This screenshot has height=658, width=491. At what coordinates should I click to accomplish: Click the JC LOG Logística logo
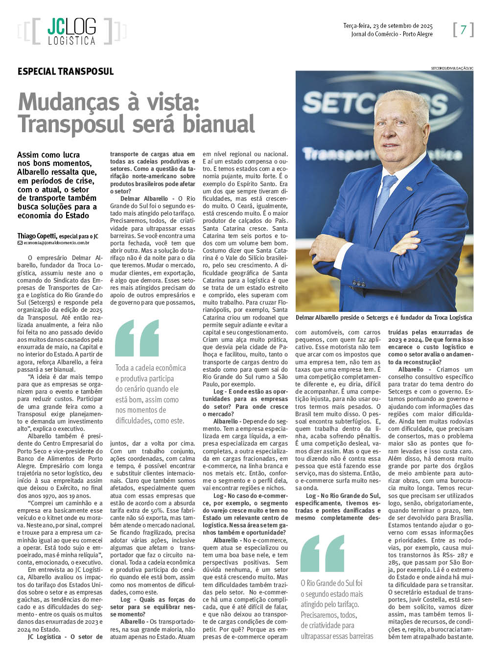click(x=71, y=31)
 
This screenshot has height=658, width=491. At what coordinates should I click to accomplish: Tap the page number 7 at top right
click(x=463, y=30)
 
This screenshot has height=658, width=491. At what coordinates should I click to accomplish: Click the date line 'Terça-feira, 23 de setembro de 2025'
click(x=388, y=25)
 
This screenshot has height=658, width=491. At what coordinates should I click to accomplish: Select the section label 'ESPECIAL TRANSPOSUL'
click(x=66, y=71)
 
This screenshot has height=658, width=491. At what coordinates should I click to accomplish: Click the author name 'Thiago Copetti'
click(x=37, y=236)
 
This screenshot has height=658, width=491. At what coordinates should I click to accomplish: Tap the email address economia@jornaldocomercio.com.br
click(x=57, y=243)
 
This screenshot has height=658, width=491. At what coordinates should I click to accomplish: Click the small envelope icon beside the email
click(x=20, y=243)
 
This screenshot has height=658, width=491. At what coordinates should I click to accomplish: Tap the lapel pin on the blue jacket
click(x=409, y=188)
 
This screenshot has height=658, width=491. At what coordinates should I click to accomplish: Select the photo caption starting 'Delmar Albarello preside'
click(x=384, y=318)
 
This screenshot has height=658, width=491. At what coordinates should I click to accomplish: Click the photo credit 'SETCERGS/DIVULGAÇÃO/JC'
click(x=452, y=68)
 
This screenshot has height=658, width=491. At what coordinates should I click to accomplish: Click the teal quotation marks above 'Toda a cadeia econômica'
click(x=137, y=338)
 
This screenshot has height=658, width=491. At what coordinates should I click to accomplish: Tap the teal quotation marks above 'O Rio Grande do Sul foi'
click(x=322, y=553)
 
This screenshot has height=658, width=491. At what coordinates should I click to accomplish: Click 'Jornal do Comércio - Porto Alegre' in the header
click(x=392, y=34)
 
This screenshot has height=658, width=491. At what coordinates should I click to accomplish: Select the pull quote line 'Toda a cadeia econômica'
click(x=150, y=368)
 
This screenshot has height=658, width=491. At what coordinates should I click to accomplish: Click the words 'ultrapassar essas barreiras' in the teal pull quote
click(x=337, y=636)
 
